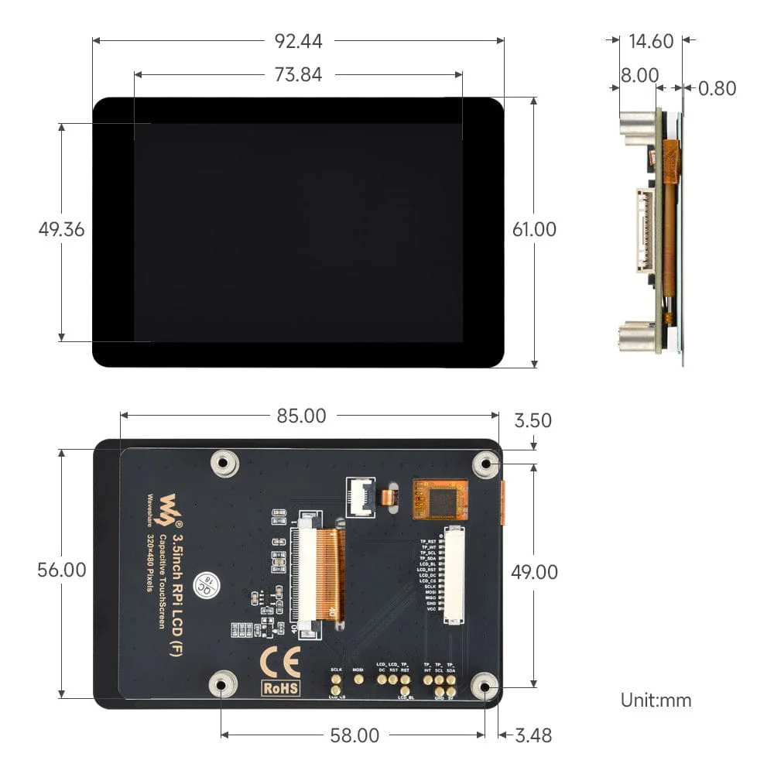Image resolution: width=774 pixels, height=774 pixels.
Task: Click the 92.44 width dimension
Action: [298, 41]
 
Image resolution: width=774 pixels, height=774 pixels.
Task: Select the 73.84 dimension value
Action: [298, 74]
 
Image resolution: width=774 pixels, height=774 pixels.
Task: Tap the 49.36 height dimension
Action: [61, 230]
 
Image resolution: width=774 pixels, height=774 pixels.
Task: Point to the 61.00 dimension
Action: [534, 230]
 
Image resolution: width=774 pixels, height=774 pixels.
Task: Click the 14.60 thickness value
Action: [651, 41]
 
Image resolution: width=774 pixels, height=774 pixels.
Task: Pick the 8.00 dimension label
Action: [639, 75]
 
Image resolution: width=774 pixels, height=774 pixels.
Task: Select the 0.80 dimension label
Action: [717, 88]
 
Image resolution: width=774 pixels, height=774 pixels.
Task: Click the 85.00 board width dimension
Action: [302, 416]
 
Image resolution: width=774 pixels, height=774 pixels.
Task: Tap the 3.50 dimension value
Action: [533, 420]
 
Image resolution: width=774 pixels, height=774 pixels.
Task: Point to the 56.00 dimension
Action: [62, 570]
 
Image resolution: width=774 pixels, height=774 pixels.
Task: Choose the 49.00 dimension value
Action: [534, 572]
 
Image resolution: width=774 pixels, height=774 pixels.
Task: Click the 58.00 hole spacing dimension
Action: [354, 735]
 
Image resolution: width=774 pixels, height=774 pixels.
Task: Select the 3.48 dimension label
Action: [533, 735]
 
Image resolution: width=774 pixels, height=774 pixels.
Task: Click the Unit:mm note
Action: [656, 700]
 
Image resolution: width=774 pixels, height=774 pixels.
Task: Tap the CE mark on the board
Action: [279, 662]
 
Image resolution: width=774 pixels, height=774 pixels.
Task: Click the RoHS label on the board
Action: [279, 687]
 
